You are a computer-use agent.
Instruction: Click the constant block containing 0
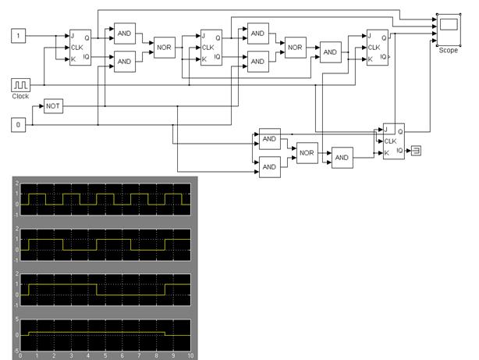20,124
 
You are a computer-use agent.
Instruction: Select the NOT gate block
53,105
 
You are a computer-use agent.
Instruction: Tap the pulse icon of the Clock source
20,84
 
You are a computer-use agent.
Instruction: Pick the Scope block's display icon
448,27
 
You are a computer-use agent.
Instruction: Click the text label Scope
448,49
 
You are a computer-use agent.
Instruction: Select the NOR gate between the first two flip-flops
164,47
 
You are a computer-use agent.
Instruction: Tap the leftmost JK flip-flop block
80,47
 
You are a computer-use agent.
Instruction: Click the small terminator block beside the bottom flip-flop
417,151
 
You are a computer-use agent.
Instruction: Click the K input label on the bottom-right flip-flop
386,152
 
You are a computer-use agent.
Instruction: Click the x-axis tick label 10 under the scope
190,355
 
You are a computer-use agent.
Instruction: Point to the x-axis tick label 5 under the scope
105,355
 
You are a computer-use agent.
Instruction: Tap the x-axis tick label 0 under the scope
21,355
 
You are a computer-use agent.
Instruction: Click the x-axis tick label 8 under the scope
156,355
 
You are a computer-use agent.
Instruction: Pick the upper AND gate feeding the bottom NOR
270,139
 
